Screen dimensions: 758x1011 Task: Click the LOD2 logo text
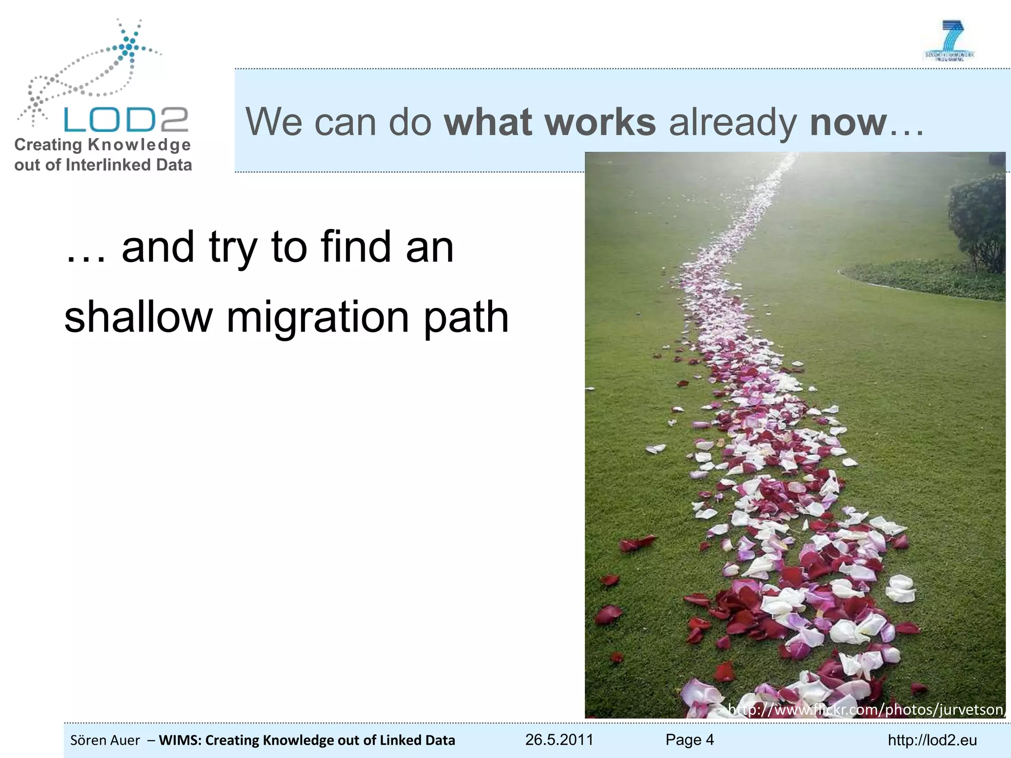click(x=126, y=119)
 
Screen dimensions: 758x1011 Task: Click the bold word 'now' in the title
click(x=848, y=122)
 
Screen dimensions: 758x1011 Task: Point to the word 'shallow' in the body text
click(x=138, y=317)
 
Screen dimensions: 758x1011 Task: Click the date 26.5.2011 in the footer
click(x=559, y=739)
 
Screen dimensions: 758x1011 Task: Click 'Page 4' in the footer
click(x=689, y=739)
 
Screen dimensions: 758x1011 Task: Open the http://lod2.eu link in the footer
click(x=932, y=740)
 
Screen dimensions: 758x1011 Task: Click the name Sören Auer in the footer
click(x=105, y=740)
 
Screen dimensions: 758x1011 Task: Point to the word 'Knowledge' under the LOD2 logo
click(x=139, y=145)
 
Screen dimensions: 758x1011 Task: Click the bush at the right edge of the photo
click(x=977, y=222)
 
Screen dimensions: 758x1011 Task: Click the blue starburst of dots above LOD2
click(x=129, y=47)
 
